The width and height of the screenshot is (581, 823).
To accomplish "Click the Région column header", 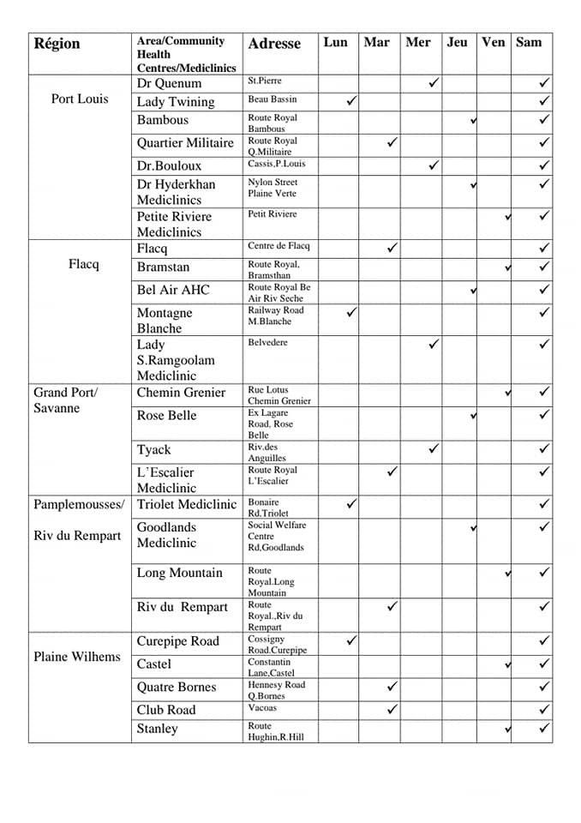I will (x=57, y=44).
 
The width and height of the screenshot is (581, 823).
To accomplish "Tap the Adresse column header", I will (x=274, y=44).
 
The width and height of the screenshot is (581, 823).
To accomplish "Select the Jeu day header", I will (x=458, y=42).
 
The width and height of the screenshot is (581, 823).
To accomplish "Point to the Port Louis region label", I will (x=80, y=99).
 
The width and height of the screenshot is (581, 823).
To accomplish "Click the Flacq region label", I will (x=84, y=264).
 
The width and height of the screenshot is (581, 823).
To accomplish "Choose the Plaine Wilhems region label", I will (x=77, y=657).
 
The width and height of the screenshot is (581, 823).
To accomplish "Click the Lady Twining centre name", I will (x=175, y=102).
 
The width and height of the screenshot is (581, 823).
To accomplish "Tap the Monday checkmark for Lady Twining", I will (x=350, y=101).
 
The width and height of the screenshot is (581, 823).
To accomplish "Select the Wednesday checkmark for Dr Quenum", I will (x=434, y=82).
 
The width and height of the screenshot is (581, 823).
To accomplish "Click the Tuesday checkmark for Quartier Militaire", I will (x=392, y=141).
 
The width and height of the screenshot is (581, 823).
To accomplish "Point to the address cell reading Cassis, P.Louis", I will (x=276, y=164).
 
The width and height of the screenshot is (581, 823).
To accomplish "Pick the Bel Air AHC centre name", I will (x=172, y=290).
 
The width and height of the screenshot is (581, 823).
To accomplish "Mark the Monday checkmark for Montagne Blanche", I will (x=350, y=313).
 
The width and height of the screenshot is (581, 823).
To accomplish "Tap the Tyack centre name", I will (x=153, y=449).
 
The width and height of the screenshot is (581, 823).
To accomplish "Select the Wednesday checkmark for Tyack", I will (x=434, y=448).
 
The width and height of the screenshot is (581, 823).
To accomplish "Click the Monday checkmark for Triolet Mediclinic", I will (x=350, y=503).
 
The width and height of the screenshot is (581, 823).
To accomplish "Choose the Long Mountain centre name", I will (x=179, y=573).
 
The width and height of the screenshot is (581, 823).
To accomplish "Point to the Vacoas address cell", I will (x=262, y=708).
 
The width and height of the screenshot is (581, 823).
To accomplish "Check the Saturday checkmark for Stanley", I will (x=544, y=728).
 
